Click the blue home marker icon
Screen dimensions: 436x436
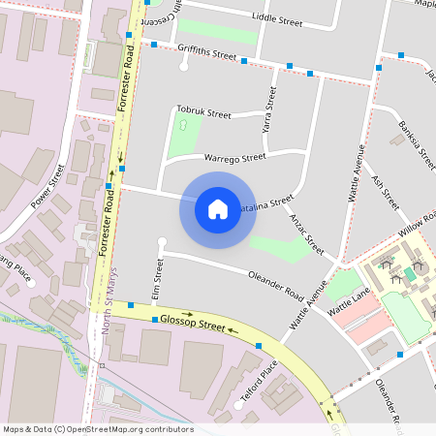pyautogui.click(x=218, y=208)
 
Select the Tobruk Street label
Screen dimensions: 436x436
pyautogui.click(x=203, y=112)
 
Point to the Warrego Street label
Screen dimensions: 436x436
pyautogui.click(x=234, y=157)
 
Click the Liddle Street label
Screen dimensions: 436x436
pyautogui.click(x=277, y=17)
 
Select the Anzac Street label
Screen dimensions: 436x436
pyautogui.click(x=306, y=234)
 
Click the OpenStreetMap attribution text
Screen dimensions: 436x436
pyautogui.click(x=97, y=429)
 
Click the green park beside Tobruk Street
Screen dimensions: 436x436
pyautogui.click(x=182, y=134)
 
